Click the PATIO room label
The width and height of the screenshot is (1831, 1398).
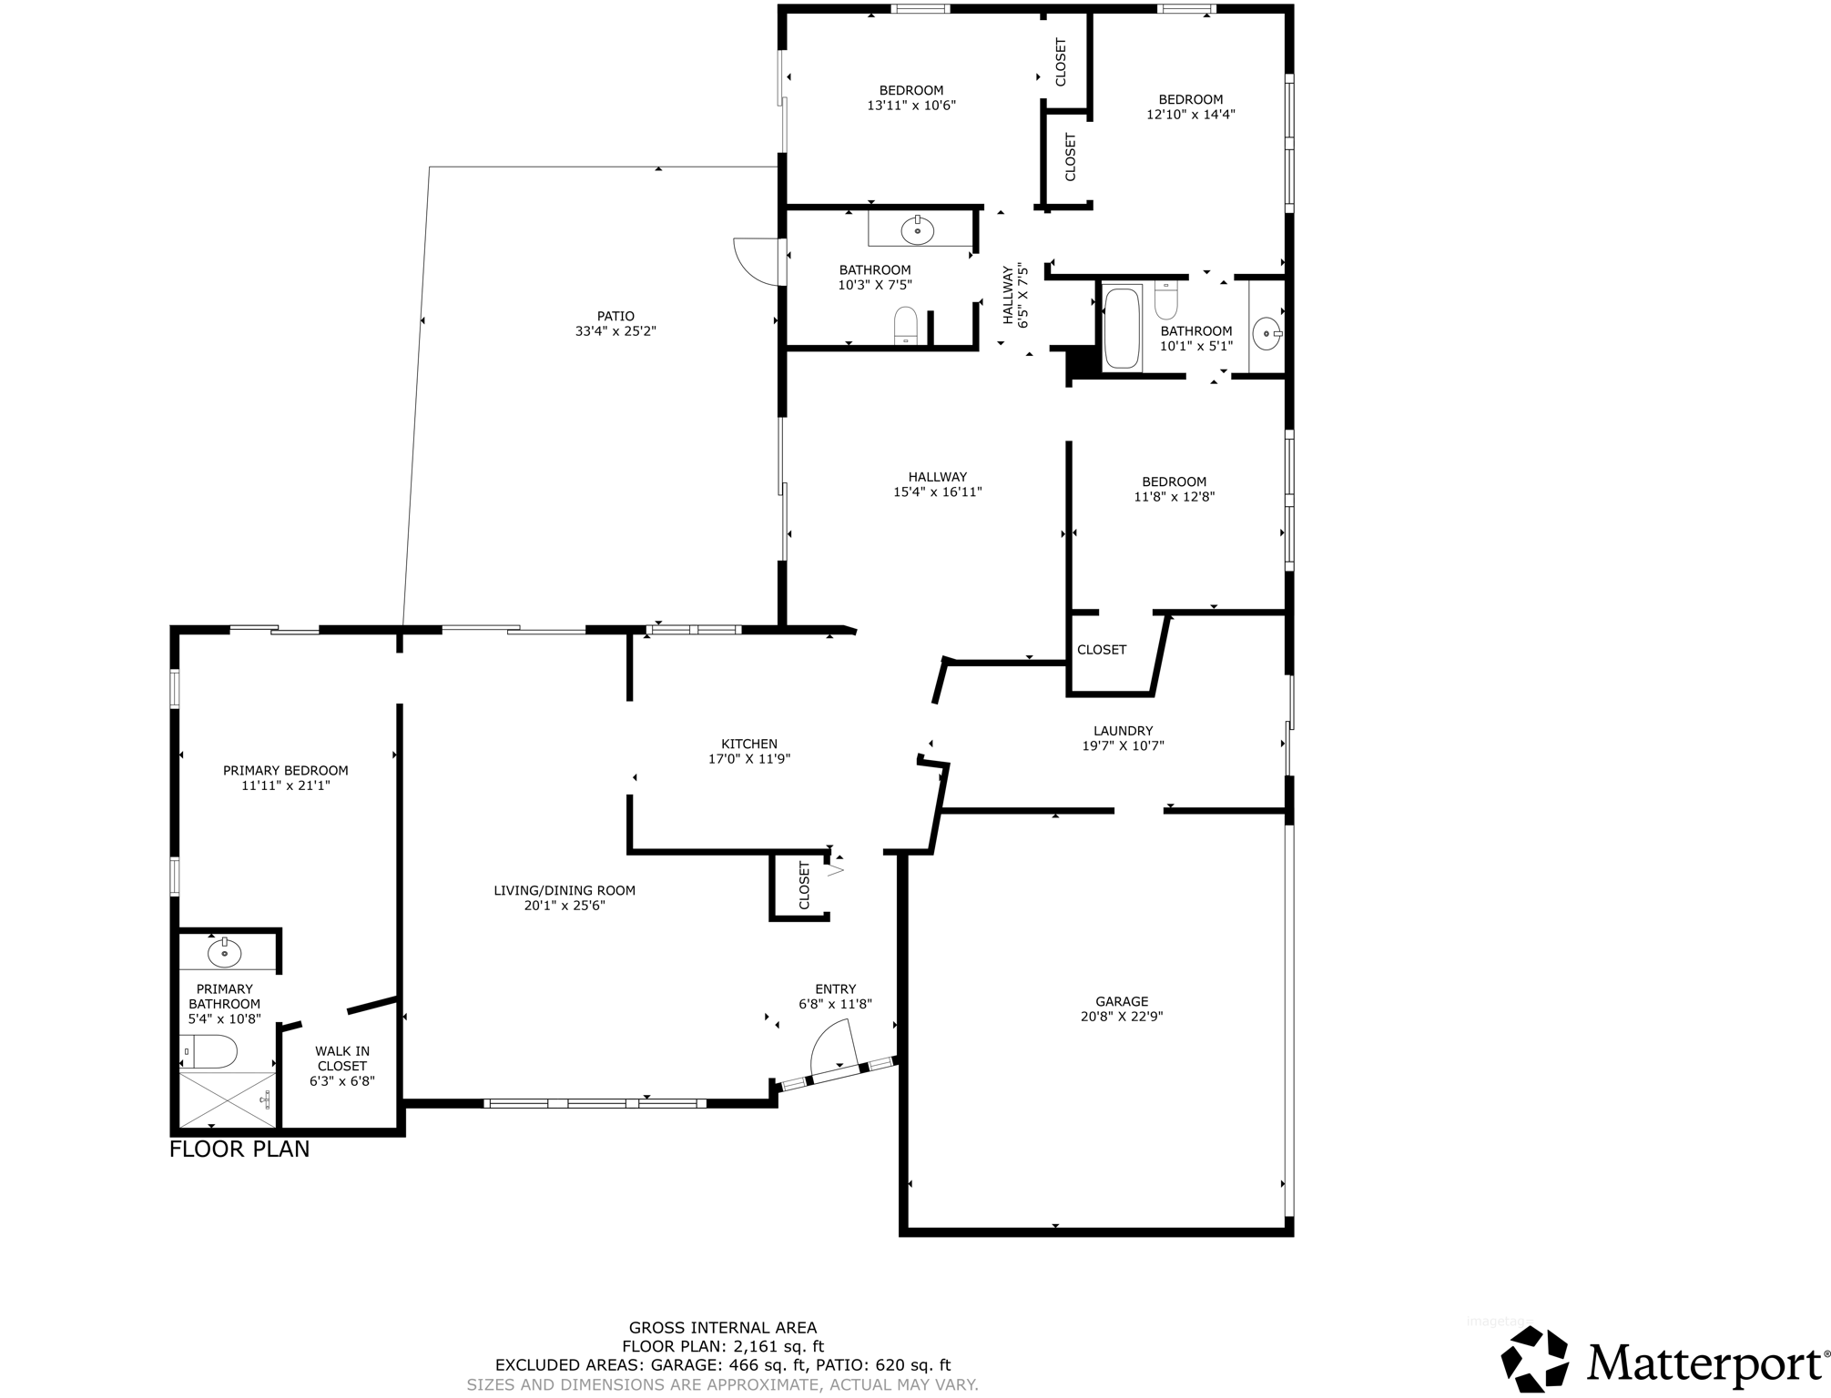click(x=616, y=316)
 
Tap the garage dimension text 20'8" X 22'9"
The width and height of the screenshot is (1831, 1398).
click(x=1121, y=1017)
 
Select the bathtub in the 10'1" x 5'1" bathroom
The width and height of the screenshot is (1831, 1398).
click(x=1122, y=328)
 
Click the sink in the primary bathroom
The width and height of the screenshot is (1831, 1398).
click(x=224, y=953)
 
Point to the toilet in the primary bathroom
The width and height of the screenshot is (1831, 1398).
click(x=211, y=1051)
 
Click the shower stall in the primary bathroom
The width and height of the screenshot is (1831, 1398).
click(x=226, y=1099)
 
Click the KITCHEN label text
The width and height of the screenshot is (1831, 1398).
click(x=749, y=744)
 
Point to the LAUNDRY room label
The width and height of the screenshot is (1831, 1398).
click(x=1123, y=730)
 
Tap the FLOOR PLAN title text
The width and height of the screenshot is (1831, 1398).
click(x=239, y=1150)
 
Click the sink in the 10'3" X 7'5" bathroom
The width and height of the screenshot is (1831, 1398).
click(x=917, y=231)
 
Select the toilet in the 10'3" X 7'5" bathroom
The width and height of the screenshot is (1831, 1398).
click(x=905, y=325)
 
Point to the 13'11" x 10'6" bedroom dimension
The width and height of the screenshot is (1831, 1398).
click(x=910, y=106)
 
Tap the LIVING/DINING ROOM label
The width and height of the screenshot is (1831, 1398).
click(x=565, y=890)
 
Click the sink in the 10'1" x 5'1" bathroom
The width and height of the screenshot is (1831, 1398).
click(x=1266, y=334)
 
